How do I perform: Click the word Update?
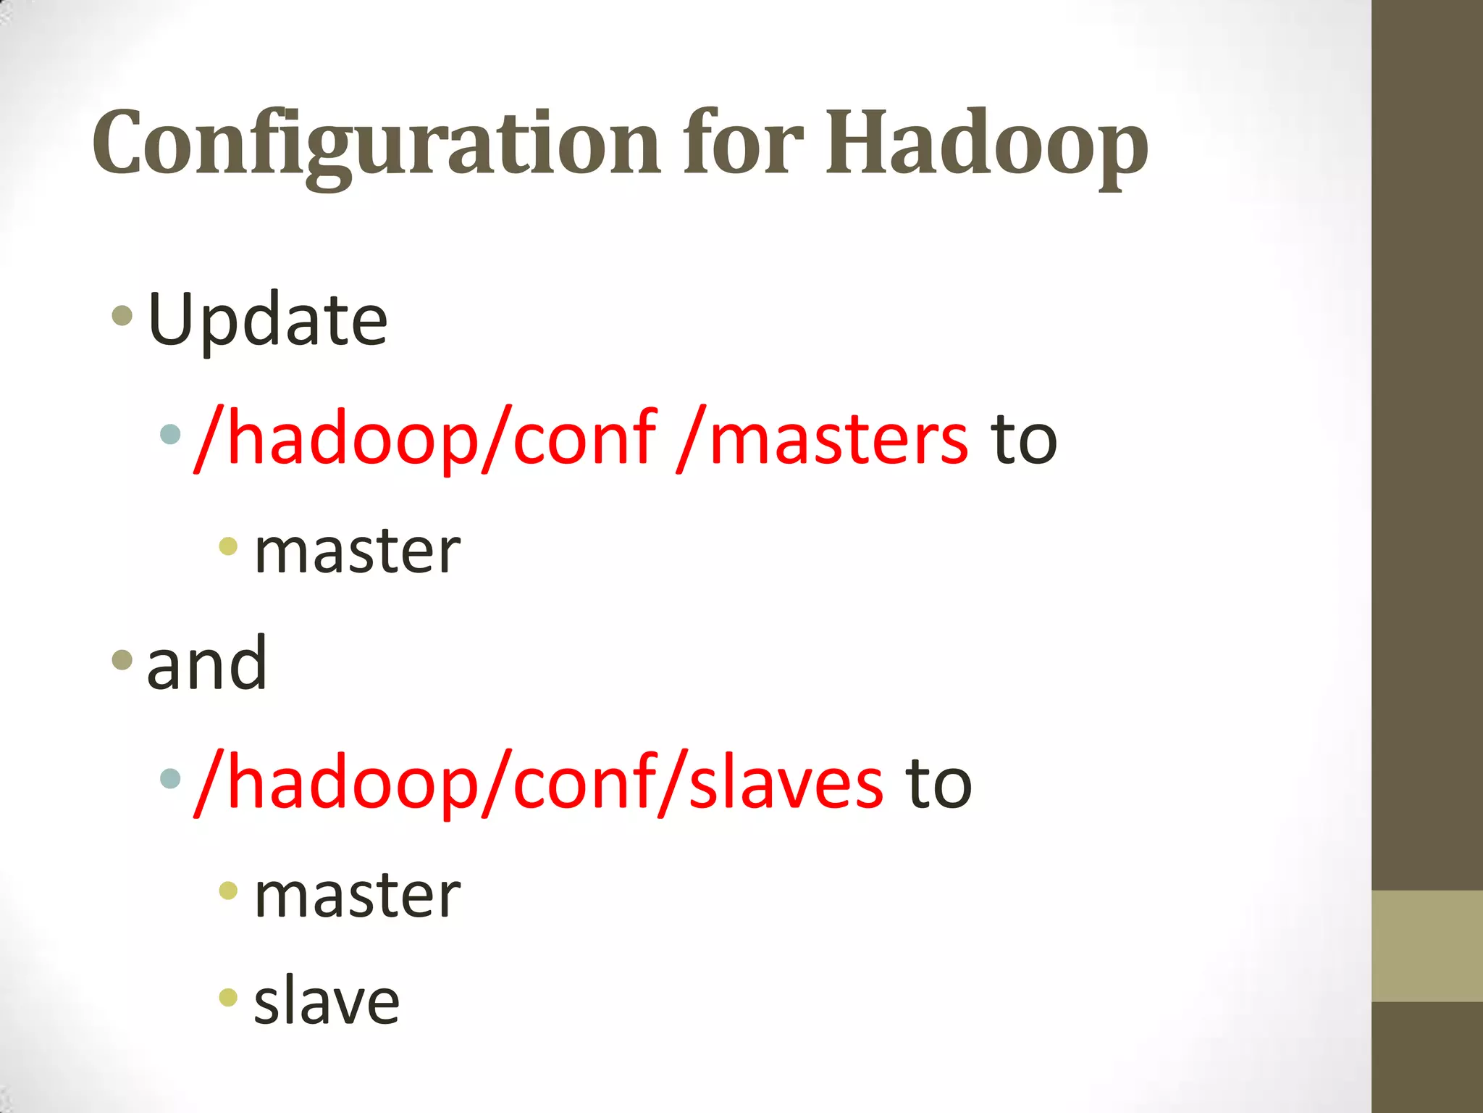pos(267,320)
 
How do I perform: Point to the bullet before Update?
pos(122,315)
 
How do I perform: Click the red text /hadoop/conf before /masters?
pos(426,438)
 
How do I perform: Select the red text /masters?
pos(821,438)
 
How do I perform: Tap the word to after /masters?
pos(1024,438)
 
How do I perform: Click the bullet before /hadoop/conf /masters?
pos(169,434)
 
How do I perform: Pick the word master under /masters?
pos(357,551)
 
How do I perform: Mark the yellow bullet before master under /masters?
pos(228,546)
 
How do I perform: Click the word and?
pos(207,663)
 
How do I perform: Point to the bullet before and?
pos(122,659)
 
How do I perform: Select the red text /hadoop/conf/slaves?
pos(539,783)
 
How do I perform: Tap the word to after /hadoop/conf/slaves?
pos(938,783)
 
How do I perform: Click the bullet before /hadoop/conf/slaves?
pos(169,779)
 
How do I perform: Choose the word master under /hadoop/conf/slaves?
pos(357,896)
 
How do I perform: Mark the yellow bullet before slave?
pos(228,997)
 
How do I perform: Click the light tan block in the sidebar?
pos(1427,946)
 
